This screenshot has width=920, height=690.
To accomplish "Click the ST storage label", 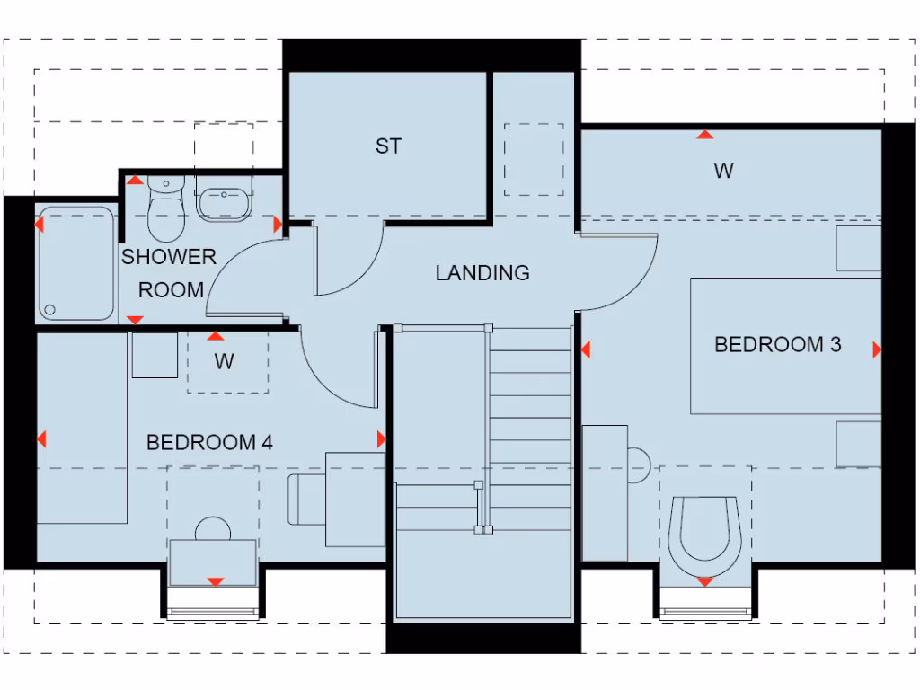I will (x=388, y=146).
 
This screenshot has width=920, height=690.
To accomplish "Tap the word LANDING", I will (x=482, y=272).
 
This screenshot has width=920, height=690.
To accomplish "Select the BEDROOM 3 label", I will (x=777, y=344).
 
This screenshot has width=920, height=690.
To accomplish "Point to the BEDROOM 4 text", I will (x=209, y=442).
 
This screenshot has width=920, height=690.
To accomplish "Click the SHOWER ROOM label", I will (x=170, y=273).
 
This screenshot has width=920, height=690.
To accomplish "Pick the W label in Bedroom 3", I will (x=723, y=170).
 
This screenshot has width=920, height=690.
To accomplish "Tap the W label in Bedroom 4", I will (x=225, y=361).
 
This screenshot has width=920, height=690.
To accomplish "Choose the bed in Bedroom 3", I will (x=785, y=346).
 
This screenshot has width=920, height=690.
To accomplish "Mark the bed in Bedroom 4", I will (x=82, y=428).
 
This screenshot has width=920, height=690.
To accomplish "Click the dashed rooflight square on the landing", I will (x=534, y=160).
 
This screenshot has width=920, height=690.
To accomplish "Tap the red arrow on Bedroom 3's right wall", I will (x=877, y=349).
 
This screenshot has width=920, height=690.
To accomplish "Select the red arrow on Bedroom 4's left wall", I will (x=41, y=439).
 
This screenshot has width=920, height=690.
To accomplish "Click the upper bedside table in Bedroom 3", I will (x=859, y=248).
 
